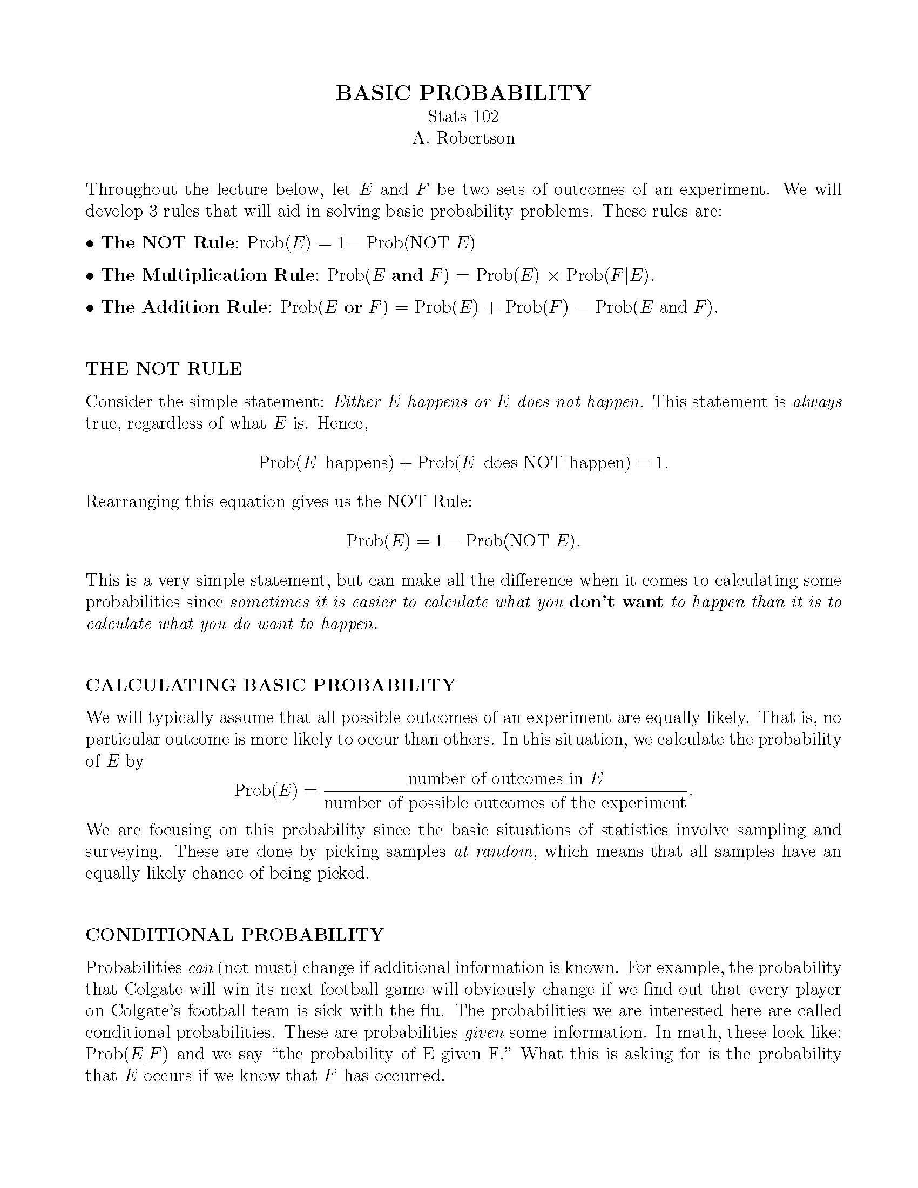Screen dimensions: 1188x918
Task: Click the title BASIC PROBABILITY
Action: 463,93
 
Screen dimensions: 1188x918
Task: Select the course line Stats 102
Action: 463,117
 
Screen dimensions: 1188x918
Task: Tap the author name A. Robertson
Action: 463,138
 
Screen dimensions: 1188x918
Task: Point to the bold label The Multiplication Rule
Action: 208,275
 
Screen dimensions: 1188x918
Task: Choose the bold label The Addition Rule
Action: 184,307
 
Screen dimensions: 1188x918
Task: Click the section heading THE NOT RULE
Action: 164,369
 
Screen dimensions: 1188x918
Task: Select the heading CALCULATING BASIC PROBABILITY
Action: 271,685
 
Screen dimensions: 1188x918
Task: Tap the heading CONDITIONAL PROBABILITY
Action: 235,935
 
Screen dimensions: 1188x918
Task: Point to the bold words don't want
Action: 616,602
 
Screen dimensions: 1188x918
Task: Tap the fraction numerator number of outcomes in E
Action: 505,779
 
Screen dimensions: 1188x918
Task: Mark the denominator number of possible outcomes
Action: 505,804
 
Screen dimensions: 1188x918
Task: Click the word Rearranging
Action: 132,502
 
